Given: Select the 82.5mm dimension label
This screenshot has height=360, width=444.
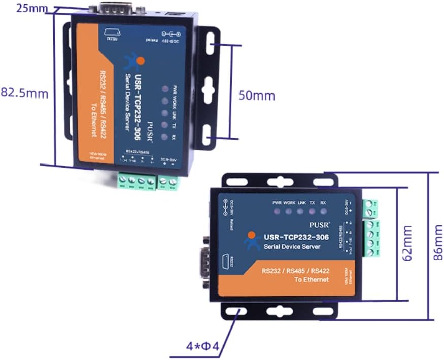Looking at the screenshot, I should [24, 93].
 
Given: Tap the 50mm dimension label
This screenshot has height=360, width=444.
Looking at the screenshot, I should [257, 95].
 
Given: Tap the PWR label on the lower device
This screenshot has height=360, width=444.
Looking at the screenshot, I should [277, 202].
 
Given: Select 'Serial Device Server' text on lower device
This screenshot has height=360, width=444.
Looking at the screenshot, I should [292, 247].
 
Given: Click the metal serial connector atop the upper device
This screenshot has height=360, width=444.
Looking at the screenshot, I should [110, 9].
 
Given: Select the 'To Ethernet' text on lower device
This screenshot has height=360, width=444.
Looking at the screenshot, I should [312, 279].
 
